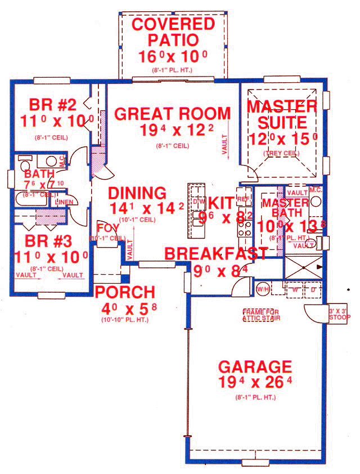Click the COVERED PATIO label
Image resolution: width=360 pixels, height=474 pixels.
[x=173, y=32]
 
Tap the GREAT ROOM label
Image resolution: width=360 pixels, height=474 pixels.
[x=172, y=113]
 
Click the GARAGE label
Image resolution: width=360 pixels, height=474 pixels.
[x=254, y=367]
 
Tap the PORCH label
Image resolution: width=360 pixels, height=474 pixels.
[x=124, y=292]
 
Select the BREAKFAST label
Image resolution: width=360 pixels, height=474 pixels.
[x=216, y=253]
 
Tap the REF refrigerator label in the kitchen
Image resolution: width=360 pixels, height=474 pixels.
[x=244, y=199]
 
